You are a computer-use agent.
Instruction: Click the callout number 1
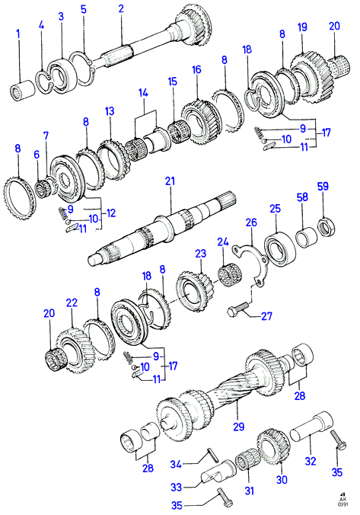coord(18,34)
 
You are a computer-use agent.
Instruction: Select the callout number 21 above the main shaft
coord(170,181)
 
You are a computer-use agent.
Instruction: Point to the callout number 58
coord(302,197)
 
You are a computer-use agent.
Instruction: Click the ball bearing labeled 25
coord(280,249)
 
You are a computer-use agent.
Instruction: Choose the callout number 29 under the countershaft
coord(238,427)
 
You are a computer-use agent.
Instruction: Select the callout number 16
coord(196,69)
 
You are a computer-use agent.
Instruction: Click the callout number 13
coord(110,111)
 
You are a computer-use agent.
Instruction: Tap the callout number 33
coord(177,487)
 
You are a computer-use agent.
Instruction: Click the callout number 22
coord(72,302)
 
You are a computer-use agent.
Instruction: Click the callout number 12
coord(111,213)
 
